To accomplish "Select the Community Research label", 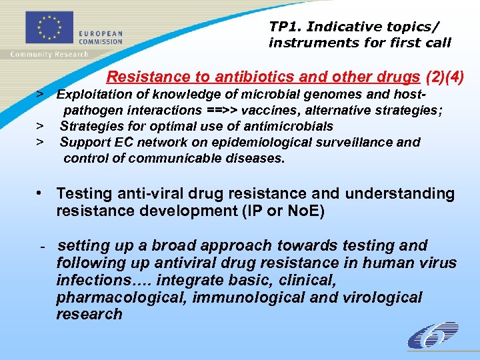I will pyautogui.click(x=49, y=54).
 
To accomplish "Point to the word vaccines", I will pyautogui.click(x=281, y=111).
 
